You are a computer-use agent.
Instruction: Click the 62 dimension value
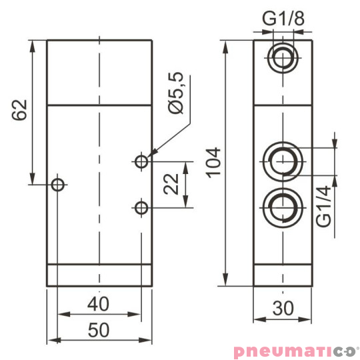19,110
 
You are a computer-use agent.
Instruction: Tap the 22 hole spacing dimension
173,185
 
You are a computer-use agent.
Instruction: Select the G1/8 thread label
283,19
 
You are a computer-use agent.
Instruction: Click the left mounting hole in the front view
59,184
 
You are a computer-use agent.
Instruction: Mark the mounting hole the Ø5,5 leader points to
141,161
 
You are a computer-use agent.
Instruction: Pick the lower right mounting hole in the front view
141,208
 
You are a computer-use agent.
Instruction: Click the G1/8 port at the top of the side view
283,58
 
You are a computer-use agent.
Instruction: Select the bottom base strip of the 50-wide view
99,276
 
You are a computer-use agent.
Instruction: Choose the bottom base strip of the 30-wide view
283,276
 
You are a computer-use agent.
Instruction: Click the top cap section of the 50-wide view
99,72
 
